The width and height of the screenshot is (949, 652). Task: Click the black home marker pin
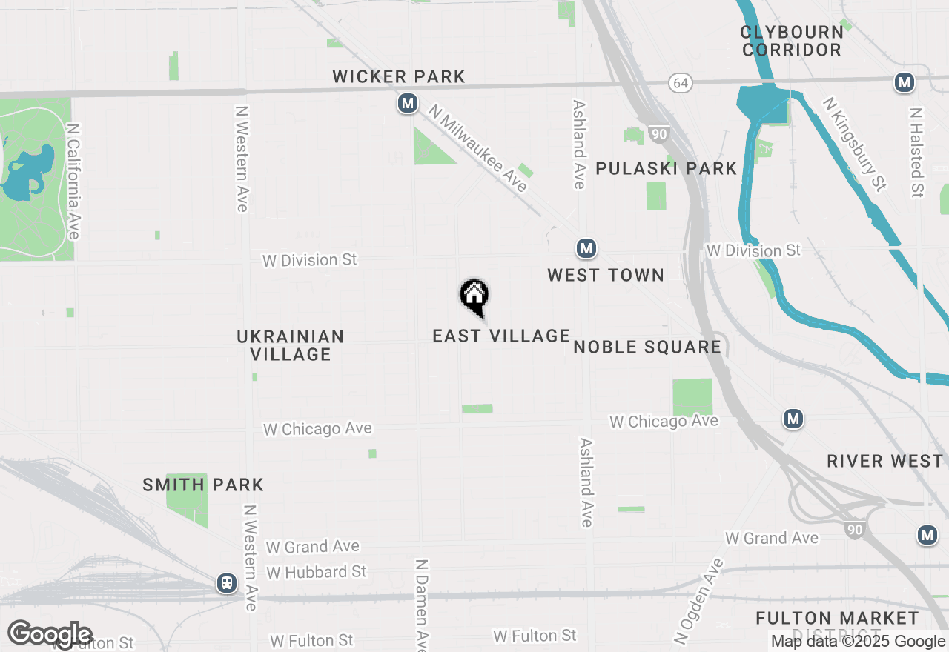[x=474, y=296]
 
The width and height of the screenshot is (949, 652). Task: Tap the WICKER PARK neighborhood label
[x=399, y=76]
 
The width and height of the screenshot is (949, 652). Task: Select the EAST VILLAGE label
[x=501, y=336]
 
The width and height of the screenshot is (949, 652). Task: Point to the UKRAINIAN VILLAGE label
[x=291, y=345]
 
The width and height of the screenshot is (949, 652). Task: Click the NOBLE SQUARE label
[x=647, y=347]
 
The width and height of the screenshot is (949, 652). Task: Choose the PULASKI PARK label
[x=667, y=168]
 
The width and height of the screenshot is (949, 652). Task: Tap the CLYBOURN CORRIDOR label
[x=792, y=41]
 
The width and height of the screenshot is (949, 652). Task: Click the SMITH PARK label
[x=203, y=485]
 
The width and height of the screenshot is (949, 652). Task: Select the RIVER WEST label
[x=885, y=461]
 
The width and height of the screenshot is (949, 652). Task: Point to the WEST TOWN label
[x=606, y=275]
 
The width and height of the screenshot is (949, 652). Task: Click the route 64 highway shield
[x=680, y=83]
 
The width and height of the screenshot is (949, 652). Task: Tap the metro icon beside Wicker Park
[x=407, y=103]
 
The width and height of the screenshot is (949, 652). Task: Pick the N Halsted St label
[x=917, y=153]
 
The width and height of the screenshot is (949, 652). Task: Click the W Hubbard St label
[x=317, y=572]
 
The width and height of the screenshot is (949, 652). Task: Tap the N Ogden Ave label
[x=698, y=600]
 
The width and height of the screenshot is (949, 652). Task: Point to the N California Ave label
[x=73, y=182]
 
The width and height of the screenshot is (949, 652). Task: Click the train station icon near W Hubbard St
[x=227, y=583]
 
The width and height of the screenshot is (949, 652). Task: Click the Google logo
[x=50, y=634]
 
